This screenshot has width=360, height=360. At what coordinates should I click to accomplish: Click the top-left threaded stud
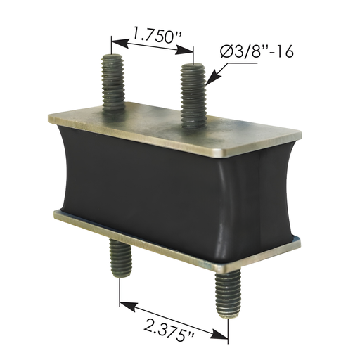point(112,82)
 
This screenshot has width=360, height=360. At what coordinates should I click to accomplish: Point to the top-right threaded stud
point(192,95)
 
